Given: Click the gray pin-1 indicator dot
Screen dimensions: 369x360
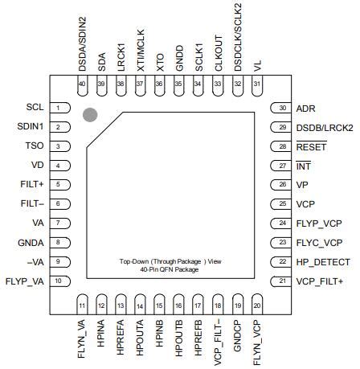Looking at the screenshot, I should pos(91,116).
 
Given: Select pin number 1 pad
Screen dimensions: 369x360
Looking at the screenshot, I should pos(60,108).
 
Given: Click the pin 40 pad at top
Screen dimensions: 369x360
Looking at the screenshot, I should pos(81,87).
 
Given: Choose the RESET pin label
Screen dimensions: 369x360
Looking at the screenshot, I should pos(310,146).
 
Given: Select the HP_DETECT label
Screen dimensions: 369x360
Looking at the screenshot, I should pos(323,262).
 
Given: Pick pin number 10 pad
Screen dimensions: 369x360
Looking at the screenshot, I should pos(60,281).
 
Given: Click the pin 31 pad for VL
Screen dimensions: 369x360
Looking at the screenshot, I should pos(256,87).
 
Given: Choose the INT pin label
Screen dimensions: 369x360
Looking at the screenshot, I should pos(303,166).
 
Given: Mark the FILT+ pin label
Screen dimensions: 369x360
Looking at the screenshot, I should pos(31,185).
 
